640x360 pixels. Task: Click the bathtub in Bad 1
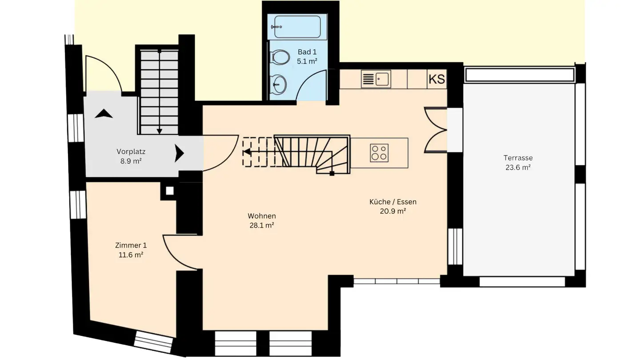297,27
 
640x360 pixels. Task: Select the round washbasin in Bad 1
279,83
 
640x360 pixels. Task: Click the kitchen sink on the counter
376,80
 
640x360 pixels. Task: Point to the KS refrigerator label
437,80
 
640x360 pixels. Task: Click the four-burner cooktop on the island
379,153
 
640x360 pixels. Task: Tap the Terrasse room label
518,158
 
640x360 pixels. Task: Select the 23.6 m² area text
518,168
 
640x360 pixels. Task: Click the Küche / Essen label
393,202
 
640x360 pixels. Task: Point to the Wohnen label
262,216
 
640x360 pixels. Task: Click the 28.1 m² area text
262,225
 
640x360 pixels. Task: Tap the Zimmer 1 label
131,245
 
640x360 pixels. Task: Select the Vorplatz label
131,151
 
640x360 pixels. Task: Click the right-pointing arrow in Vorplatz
179,153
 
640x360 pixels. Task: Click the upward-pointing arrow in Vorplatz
104,114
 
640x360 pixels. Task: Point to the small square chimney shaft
169,191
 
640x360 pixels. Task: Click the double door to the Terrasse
436,130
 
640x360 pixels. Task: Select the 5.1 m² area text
307,62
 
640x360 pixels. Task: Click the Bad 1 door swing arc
309,84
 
